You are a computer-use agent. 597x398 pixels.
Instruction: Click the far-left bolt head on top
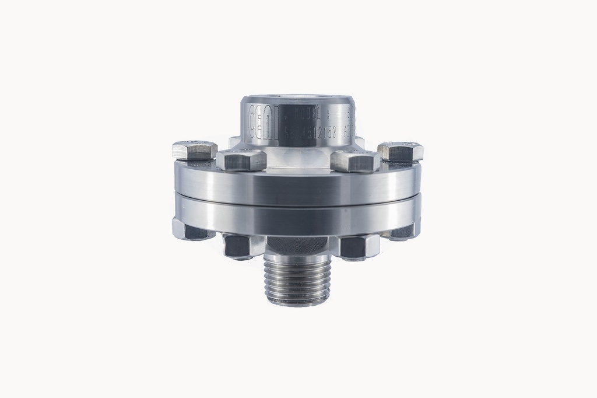point(195,151)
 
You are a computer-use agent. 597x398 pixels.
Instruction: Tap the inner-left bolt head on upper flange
point(241,160)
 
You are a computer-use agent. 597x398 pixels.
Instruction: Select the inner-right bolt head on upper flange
point(355,160)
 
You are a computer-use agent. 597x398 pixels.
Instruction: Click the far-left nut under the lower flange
point(191,229)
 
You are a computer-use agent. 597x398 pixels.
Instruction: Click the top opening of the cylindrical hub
point(298,100)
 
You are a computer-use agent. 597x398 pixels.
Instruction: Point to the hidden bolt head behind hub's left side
point(234,141)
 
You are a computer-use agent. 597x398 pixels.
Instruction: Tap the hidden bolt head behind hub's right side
point(360,142)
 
